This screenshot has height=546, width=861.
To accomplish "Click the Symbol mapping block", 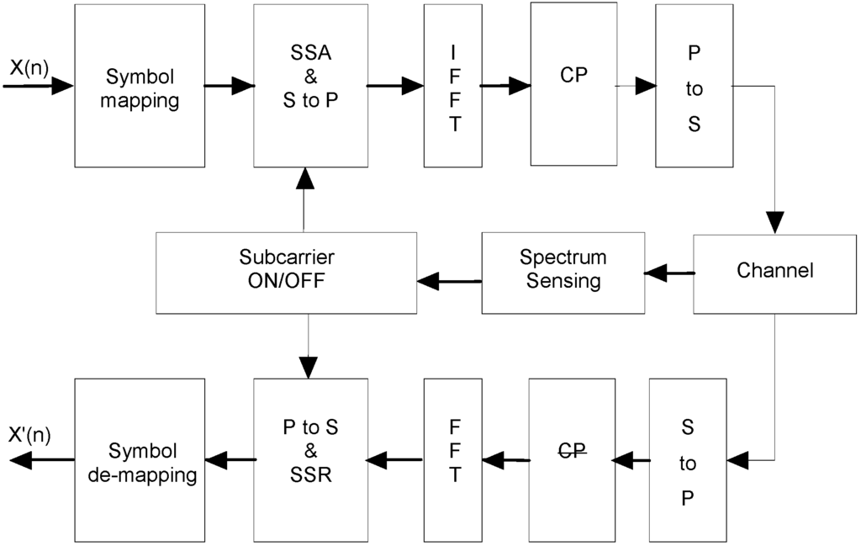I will pyautogui.click(x=140, y=86).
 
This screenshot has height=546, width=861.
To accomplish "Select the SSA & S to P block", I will pyautogui.click(x=310, y=86).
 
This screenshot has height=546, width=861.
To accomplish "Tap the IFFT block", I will pyautogui.click(x=452, y=86).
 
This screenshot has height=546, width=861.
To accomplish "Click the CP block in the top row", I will pyautogui.click(x=573, y=84).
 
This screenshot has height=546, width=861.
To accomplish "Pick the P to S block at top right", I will pyautogui.click(x=695, y=86).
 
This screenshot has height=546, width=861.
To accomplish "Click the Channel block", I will pyautogui.click(x=774, y=272).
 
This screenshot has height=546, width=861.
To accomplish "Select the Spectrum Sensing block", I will pyautogui.click(x=563, y=272).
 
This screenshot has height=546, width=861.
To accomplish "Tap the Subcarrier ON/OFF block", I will pyautogui.click(x=287, y=272).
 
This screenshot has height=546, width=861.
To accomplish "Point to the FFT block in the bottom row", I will pyautogui.click(x=453, y=459).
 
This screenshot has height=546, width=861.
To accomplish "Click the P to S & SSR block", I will pyautogui.click(x=310, y=459).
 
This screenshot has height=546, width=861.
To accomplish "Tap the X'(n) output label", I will pyautogui.click(x=30, y=435).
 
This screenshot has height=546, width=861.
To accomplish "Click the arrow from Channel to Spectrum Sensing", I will pyautogui.click(x=669, y=272).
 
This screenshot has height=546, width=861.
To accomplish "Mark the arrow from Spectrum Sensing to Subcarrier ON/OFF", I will pyautogui.click(x=449, y=281).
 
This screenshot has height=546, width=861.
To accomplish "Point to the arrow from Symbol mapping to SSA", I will pyautogui.click(x=230, y=86).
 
